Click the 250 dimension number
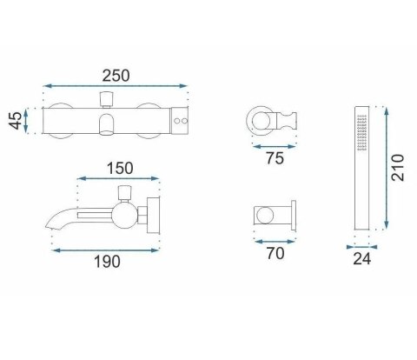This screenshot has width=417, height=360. click(x=116, y=76)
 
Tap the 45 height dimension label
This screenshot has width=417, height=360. click(x=15, y=121)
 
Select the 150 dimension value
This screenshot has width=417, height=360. click(x=120, y=169)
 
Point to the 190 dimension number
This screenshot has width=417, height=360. click(x=107, y=262)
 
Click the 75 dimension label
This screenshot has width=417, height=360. click(x=275, y=158)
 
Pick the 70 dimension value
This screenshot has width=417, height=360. click(x=275, y=253)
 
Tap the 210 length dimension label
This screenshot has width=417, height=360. click(x=397, y=168)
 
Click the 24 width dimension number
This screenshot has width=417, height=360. click(x=361, y=258)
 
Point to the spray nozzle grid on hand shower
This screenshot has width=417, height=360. click(x=362, y=132)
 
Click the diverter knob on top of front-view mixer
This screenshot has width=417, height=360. click(x=106, y=99)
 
